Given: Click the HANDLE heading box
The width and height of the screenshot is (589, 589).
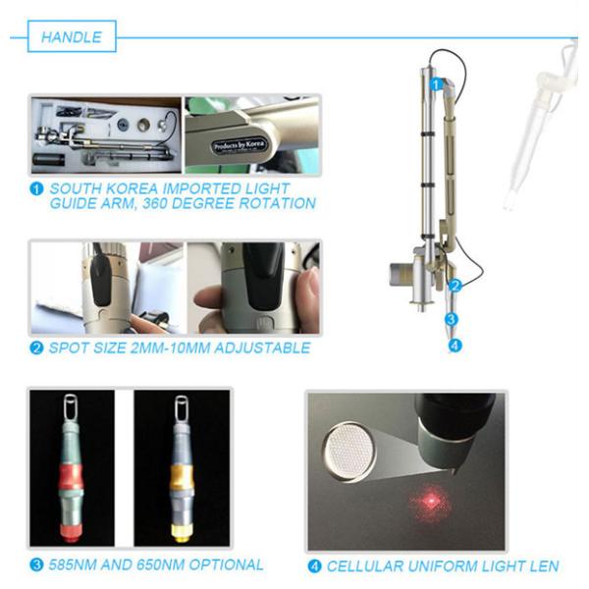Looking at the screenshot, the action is (72, 36).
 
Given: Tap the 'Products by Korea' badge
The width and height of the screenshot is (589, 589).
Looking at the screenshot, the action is (240, 145).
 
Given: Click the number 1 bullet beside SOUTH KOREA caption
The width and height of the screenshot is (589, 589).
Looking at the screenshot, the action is (36, 188).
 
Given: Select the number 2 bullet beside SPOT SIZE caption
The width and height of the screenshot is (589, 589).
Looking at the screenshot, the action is (36, 348).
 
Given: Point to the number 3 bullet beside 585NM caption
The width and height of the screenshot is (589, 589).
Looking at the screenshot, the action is (36, 564).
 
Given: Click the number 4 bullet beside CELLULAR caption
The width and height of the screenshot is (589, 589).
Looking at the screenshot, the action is (314, 566).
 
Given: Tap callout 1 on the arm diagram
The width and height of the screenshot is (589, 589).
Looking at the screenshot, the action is (436, 84).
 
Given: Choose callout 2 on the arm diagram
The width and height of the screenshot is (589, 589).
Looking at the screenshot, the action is (455, 286).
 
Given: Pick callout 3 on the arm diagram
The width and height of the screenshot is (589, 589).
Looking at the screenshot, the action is (452, 319).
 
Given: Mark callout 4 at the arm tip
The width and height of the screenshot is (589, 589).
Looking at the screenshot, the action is (455, 346).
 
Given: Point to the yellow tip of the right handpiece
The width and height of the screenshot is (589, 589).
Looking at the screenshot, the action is (182, 533).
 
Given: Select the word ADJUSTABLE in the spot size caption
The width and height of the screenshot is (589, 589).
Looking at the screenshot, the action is (262, 348).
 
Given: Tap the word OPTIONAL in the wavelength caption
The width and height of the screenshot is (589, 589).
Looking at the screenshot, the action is (226, 564).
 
